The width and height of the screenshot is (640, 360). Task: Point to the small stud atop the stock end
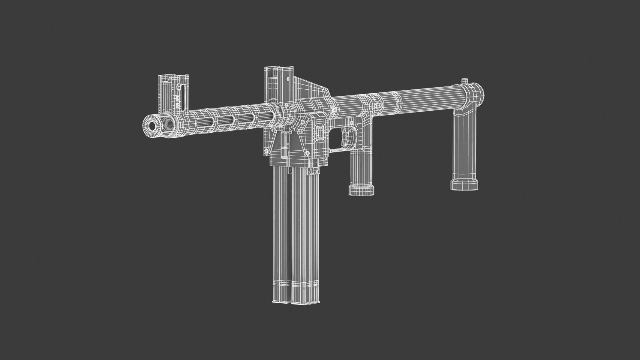[464, 80]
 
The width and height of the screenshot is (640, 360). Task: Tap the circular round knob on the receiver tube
[333, 110]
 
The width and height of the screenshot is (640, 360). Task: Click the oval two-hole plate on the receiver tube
[379, 105]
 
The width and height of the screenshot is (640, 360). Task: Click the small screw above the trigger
[350, 122]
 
